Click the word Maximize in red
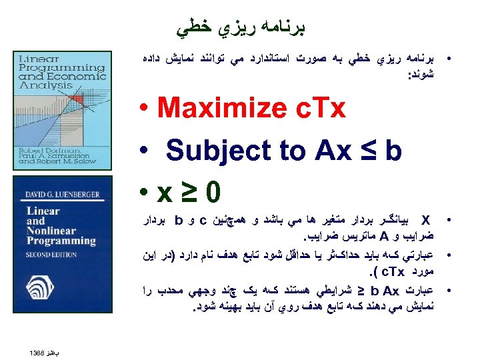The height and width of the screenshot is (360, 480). point(231,108)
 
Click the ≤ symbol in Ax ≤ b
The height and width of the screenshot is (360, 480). point(369,151)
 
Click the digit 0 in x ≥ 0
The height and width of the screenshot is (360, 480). point(213,193)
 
